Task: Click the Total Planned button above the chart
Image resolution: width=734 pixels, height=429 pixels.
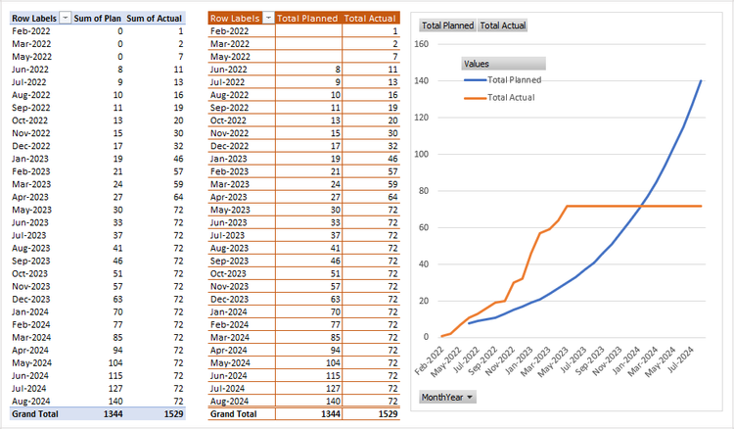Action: [x=447, y=25]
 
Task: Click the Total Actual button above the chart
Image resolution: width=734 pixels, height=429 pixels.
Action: [x=502, y=25]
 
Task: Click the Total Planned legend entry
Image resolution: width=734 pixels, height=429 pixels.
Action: [x=514, y=79]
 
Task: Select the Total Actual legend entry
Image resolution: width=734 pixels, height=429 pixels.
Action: [x=511, y=97]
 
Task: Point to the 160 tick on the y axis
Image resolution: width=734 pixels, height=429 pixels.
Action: [x=422, y=44]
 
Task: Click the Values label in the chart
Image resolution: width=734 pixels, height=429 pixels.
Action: [x=478, y=64]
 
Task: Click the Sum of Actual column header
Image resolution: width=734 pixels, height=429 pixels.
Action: [x=155, y=18]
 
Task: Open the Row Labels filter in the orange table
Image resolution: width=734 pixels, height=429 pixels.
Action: [x=266, y=18]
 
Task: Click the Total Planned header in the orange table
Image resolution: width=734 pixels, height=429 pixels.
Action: [x=307, y=18]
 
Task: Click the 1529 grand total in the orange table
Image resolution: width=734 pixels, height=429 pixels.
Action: [x=384, y=414]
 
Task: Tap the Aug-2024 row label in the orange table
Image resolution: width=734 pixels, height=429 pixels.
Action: [x=231, y=401]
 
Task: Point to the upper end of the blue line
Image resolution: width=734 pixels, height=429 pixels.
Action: [x=701, y=80]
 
